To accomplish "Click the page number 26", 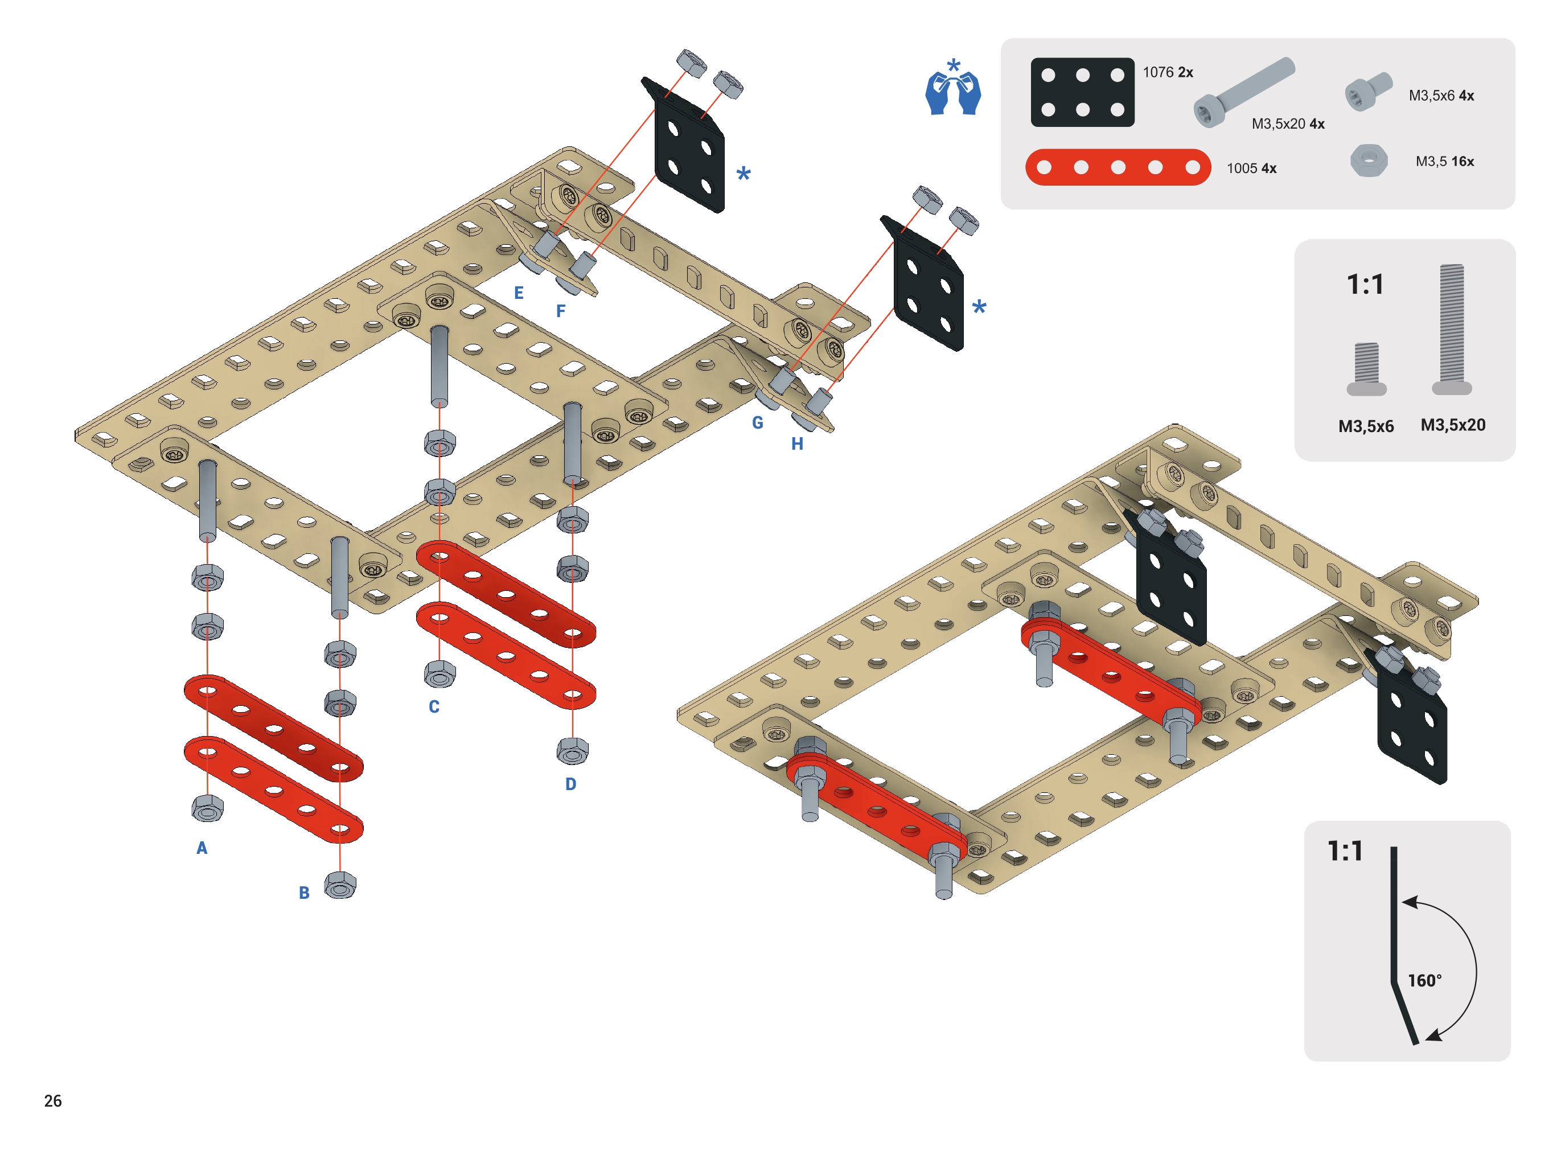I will (x=53, y=1100).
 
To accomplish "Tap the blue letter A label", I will (x=202, y=848).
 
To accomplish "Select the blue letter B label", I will (x=304, y=893).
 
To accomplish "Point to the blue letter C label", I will (x=434, y=707).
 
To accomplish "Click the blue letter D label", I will (x=570, y=784).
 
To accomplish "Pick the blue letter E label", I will (x=519, y=293).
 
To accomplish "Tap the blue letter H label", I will (x=797, y=444).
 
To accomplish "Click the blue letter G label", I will (x=757, y=423).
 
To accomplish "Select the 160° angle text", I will (x=1424, y=981).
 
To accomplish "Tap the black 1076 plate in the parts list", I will (x=1082, y=92).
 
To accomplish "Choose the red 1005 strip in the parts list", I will (x=1118, y=167).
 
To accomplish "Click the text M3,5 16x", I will (x=1444, y=162).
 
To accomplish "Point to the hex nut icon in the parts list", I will (x=1368, y=161).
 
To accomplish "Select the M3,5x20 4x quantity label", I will (x=1288, y=124).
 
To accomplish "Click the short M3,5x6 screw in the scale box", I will (x=1366, y=368).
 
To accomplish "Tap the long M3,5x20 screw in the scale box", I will (x=1452, y=329).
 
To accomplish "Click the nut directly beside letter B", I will (x=340, y=885).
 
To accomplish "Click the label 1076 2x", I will (x=1168, y=72).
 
